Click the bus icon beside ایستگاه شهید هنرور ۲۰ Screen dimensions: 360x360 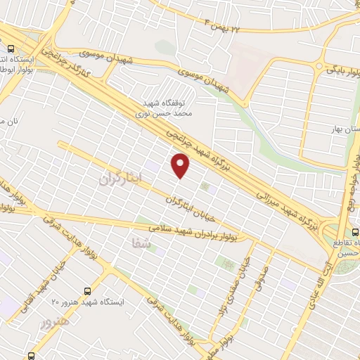pyautogui.click(x=87, y=290)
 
